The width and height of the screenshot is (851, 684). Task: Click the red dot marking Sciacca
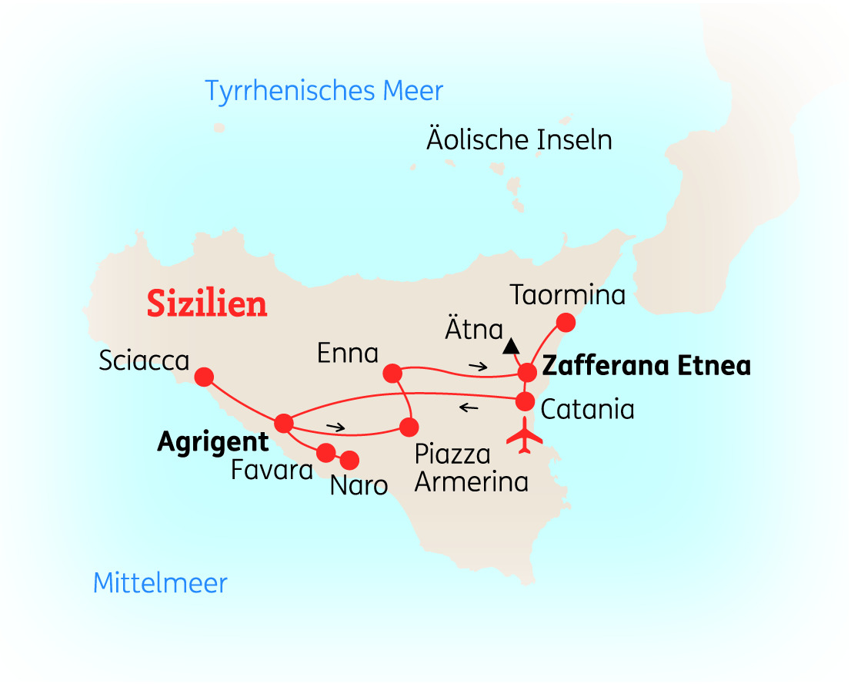pyautogui.click(x=204, y=377)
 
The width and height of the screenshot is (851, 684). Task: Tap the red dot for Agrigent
pyautogui.click(x=283, y=423)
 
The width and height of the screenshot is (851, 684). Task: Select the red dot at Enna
pyautogui.click(x=392, y=374)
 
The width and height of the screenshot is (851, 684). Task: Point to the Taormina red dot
pyautogui.click(x=566, y=322)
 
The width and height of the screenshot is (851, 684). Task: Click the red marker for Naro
pyautogui.click(x=350, y=460)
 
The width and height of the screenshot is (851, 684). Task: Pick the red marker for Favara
pyautogui.click(x=325, y=452)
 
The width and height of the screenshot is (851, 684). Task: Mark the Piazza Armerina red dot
pyautogui.click(x=409, y=426)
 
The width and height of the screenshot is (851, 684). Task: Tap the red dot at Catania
pyautogui.click(x=524, y=401)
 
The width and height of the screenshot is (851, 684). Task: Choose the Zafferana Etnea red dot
pyautogui.click(x=527, y=373)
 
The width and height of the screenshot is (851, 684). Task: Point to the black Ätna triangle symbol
pyautogui.click(x=509, y=347)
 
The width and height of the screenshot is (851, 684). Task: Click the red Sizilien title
pyautogui.click(x=207, y=303)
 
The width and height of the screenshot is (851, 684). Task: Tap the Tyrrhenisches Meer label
pyautogui.click(x=324, y=91)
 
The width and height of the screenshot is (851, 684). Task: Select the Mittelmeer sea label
pyautogui.click(x=160, y=583)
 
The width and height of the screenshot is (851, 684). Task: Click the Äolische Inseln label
pyautogui.click(x=519, y=140)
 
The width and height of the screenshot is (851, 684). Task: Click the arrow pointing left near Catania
pyautogui.click(x=468, y=407)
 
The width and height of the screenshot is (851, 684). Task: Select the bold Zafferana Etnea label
pyautogui.click(x=646, y=366)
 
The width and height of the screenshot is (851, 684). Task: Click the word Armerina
pyautogui.click(x=472, y=481)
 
